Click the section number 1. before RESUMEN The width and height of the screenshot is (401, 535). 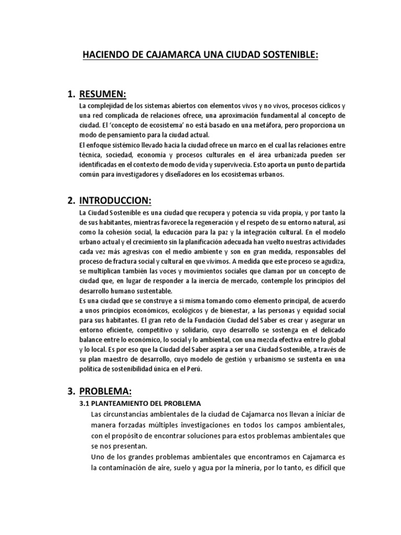(x=72, y=94)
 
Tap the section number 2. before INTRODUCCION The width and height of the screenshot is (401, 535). (x=72, y=200)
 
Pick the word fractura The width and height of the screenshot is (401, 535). (x=132, y=262)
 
